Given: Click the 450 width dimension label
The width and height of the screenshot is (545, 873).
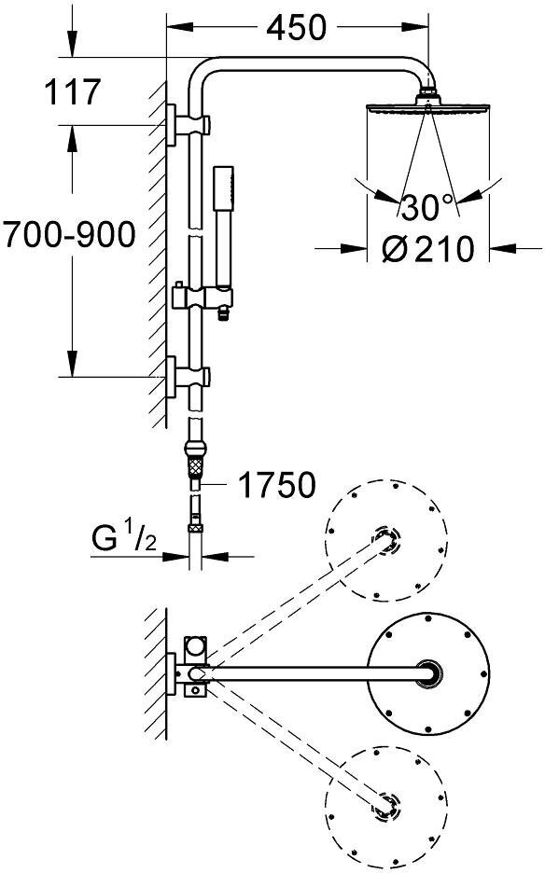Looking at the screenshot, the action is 296,28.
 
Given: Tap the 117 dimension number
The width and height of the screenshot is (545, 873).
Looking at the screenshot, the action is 73,91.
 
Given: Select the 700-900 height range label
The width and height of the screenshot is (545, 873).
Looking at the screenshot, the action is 68,234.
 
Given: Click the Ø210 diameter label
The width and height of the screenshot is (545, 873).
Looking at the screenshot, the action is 428,249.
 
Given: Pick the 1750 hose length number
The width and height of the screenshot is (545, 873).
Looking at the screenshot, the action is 276,485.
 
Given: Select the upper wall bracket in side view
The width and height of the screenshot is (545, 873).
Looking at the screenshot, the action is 188,125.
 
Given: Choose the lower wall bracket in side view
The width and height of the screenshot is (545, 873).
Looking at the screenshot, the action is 188,377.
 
